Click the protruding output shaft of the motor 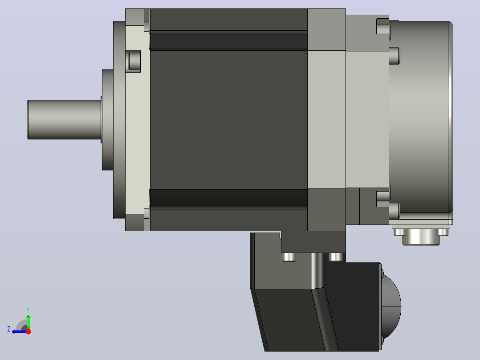tap(64, 119)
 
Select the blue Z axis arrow tap(19, 331)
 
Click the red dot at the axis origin tap(28, 331)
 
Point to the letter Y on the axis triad tap(28, 310)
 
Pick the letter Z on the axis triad tap(9, 329)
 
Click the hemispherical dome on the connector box tap(392, 307)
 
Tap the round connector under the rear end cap tap(421, 237)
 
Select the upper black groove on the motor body tap(228, 41)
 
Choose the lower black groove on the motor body tap(228, 198)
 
